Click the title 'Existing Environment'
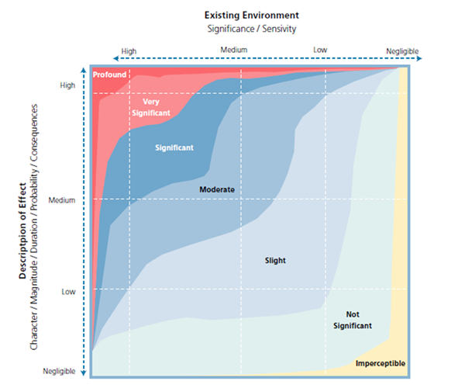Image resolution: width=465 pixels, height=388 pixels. coord(251,16)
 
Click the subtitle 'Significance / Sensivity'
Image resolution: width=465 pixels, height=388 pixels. coord(251,29)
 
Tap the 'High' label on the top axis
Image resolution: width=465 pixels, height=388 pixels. coord(129,51)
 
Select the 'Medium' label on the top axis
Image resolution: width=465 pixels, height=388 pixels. coord(234,50)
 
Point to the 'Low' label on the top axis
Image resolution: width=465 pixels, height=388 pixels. coord(320,50)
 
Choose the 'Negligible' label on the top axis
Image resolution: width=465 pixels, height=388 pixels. coord(402,51)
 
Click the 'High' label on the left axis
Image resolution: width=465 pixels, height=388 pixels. coord(67,85)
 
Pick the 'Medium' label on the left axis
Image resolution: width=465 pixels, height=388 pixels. coord(62,200)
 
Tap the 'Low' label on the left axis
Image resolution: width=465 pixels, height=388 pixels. coord(68,292)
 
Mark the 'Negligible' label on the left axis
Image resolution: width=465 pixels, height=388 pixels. coord(59,371)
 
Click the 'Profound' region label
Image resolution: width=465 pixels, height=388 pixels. coord(109,74)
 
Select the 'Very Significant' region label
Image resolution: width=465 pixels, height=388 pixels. coord(151,107)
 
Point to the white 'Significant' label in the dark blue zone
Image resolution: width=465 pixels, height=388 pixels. coord(174,147)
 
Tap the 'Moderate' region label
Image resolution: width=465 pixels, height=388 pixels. coord(217,189)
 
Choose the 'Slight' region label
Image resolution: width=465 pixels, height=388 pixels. coord(275,261)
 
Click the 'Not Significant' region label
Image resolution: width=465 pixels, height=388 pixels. coord(353,320)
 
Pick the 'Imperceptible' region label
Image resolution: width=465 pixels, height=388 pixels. coord(381,363)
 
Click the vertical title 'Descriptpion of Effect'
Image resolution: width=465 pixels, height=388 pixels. coord(22,230)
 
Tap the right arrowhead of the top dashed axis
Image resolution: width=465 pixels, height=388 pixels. coord(419,58)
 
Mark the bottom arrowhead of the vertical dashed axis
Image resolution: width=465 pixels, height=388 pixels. coord(84,373)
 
